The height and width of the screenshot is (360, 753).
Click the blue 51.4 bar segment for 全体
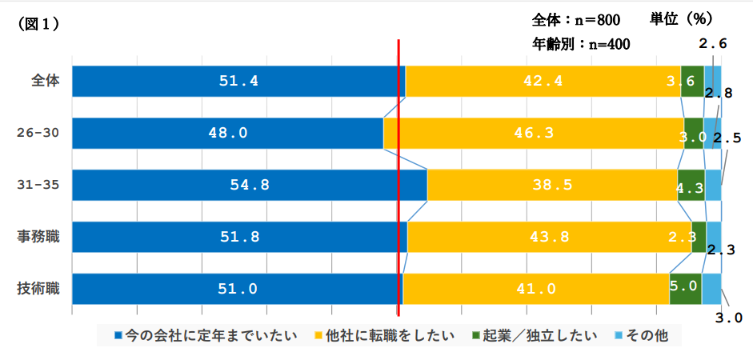coord(238,81)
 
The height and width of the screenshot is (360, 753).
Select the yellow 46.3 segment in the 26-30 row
coord(534,133)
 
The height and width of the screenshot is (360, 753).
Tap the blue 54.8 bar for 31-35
coord(249,185)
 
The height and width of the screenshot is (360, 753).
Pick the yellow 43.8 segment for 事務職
coord(549,237)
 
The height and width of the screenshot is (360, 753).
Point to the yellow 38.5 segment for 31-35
coord(552,185)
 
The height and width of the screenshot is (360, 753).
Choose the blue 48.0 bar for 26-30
coord(227,133)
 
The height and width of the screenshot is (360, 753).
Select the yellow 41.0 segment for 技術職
coord(535,289)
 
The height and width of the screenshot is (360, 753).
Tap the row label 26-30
coord(40,133)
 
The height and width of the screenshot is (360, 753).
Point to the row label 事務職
coord(40,237)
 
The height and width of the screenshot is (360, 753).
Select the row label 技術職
coord(40,289)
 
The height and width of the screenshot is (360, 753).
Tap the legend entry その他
coord(646,334)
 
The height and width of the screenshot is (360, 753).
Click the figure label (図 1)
coord(38,24)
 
